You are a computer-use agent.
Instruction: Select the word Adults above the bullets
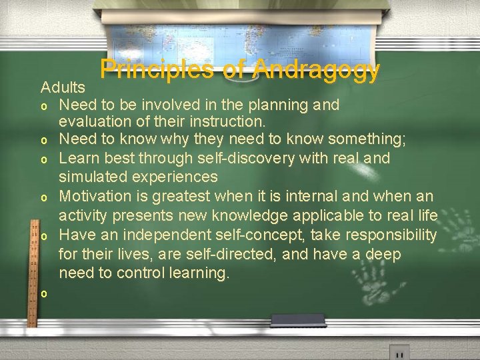click(63, 87)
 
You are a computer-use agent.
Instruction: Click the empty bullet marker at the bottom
click(43, 293)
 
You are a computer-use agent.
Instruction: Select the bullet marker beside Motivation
click(43, 198)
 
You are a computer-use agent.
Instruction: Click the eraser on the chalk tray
click(299, 320)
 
